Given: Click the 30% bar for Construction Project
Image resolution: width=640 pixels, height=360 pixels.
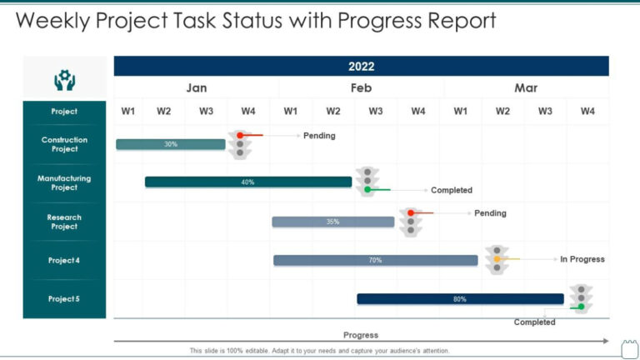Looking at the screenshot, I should click(x=171, y=144).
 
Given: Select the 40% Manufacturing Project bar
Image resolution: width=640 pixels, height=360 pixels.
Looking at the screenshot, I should click(x=247, y=182).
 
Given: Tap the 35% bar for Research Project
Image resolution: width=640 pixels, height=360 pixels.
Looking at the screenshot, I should click(x=332, y=222).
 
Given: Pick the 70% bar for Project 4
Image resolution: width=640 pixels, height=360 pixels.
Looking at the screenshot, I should click(x=375, y=260).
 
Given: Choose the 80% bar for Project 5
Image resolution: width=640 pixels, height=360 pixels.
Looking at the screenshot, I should click(x=460, y=298).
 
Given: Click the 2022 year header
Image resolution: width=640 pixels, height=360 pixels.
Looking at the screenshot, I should click(x=361, y=67).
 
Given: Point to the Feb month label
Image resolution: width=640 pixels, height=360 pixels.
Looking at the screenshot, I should click(x=361, y=88).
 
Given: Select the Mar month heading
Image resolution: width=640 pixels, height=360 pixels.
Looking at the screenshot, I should click(x=526, y=88).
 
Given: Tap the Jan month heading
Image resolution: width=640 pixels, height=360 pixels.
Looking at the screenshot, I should click(x=197, y=88).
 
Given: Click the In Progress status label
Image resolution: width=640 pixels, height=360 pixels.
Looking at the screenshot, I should click(x=582, y=259).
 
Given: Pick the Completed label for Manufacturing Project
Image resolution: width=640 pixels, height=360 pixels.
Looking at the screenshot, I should click(x=451, y=190).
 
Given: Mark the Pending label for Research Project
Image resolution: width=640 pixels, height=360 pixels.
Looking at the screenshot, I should click(x=490, y=213).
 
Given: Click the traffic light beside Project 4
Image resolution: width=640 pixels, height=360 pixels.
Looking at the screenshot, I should click(x=497, y=259).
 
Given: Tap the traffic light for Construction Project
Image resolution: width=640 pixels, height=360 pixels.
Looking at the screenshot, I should click(x=240, y=143).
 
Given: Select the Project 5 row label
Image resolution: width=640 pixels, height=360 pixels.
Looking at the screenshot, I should click(x=64, y=298).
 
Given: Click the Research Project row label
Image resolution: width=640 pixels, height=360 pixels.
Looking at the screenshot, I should click(x=64, y=222).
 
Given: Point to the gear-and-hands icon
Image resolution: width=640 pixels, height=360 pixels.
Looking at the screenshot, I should click(x=64, y=79).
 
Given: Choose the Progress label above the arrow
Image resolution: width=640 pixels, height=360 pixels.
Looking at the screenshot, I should click(x=361, y=335).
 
